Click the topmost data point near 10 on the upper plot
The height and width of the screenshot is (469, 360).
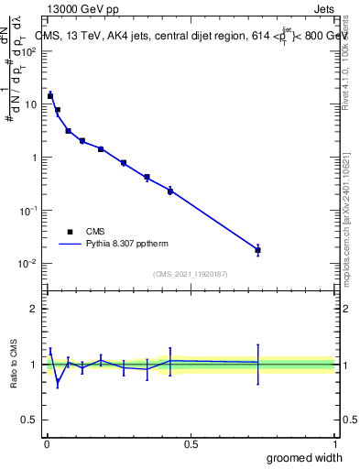click(50, 95)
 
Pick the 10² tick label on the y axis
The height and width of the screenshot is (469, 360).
click(30, 51)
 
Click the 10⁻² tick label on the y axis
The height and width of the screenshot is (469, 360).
click(30, 264)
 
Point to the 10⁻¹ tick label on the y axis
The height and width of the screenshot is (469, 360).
click(30, 211)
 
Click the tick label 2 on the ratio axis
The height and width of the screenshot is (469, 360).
click(33, 309)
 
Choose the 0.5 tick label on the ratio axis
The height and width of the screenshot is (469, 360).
click(29, 420)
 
